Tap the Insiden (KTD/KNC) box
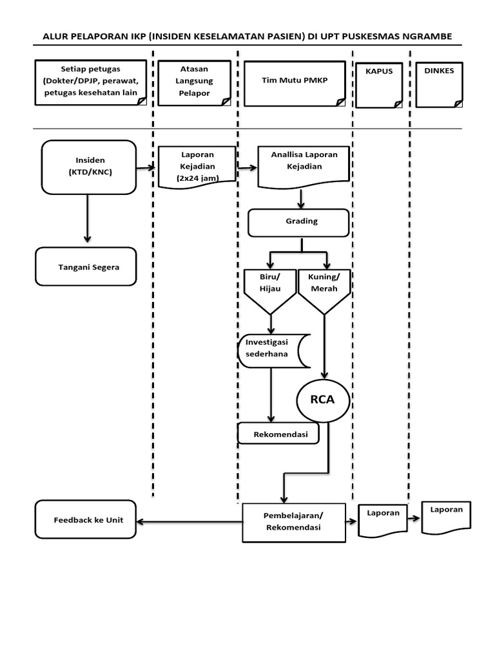coord(89,166)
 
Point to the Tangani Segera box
coord(86,266)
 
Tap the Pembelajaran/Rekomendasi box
coord(293,521)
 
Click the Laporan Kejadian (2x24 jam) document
coord(197,167)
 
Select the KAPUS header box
coord(380,84)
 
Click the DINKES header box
coord(440,83)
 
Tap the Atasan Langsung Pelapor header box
coord(194,83)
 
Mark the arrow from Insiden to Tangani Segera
coord(86,219)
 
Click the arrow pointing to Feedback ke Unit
coord(190,521)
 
